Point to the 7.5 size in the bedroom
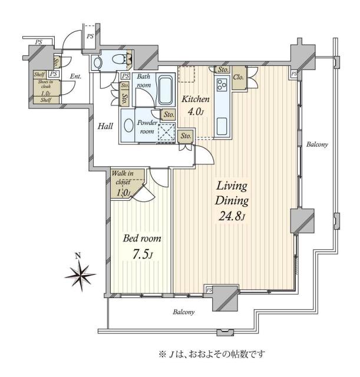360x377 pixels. [x=141, y=255]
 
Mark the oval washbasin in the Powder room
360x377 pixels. [x=128, y=125]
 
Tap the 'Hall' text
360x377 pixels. [x=105, y=125]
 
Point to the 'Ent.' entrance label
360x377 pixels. [x=75, y=77]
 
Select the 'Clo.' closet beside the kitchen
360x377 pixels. [x=239, y=78]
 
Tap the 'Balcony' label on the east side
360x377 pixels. [x=316, y=144]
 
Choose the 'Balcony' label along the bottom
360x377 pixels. [x=184, y=312]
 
